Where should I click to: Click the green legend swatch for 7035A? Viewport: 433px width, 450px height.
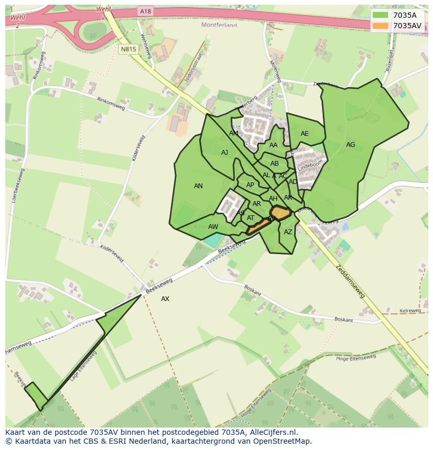coord(381,16)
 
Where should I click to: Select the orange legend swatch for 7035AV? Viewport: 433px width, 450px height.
coord(381,26)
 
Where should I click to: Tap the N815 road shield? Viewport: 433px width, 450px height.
coord(128,49)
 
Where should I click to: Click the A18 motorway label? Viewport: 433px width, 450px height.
coord(145,11)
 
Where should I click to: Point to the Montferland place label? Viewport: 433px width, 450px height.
coord(219,25)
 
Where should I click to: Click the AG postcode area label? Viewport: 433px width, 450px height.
coord(350,145)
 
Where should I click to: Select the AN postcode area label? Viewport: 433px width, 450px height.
coord(198,186)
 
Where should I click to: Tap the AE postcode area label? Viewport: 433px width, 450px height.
coord(305,134)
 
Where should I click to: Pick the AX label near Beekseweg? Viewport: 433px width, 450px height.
coord(165,299)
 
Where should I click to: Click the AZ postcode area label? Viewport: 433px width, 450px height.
coord(288,232)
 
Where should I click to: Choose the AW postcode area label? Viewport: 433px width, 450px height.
coord(213,227)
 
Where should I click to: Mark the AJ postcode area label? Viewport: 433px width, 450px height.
coord(225,153)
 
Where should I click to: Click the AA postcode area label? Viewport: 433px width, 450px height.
coord(274,145)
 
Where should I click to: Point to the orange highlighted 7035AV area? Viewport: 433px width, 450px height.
coord(282,213)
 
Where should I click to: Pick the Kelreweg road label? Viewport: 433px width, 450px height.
coord(410,310)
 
